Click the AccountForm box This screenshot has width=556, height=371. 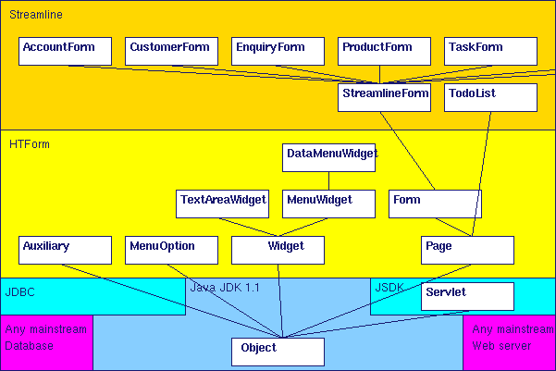(65, 51)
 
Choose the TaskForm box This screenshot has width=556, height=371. (490, 51)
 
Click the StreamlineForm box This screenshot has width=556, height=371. (384, 97)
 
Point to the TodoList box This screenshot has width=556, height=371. (490, 97)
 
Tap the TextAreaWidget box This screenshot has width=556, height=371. (223, 204)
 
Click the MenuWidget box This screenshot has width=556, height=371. (328, 204)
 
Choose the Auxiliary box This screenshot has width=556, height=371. (65, 250)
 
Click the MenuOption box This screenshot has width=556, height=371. (171, 250)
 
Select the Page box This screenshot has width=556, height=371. (467, 250)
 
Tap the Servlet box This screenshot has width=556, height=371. (467, 296)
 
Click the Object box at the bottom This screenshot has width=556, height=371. (278, 352)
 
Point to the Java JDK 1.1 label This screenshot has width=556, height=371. (225, 288)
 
